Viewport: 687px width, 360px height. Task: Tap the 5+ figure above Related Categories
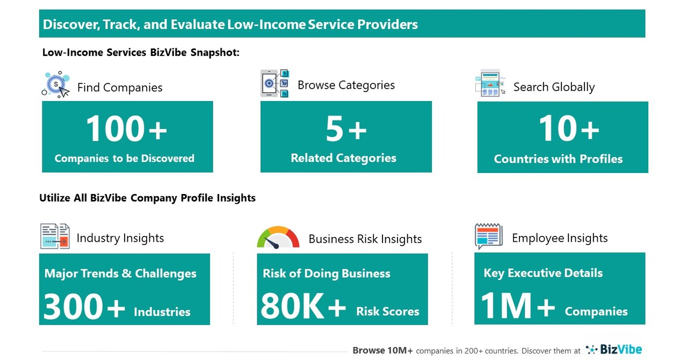pyautogui.click(x=346, y=129)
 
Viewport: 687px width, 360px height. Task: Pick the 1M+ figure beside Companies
pyautogui.click(x=517, y=307)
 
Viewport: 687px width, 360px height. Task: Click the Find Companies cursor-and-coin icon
pyautogui.click(x=56, y=85)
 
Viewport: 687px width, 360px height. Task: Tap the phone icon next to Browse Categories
pyautogui.click(x=274, y=83)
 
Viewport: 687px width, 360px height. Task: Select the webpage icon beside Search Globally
pyautogui.click(x=490, y=83)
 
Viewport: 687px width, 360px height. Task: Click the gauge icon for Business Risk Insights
pyautogui.click(x=278, y=237)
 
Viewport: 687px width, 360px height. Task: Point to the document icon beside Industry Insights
pyautogui.click(x=55, y=236)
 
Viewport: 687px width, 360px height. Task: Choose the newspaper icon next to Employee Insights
pyautogui.click(x=488, y=236)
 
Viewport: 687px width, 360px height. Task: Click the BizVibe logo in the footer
pyautogui.click(x=614, y=350)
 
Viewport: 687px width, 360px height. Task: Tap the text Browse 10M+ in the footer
pyautogui.click(x=382, y=350)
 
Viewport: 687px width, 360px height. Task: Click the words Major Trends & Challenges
pyautogui.click(x=120, y=273)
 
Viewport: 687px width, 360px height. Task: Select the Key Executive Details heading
pyautogui.click(x=543, y=273)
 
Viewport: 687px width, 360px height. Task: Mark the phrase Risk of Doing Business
pyautogui.click(x=327, y=273)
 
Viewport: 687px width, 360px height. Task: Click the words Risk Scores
pyautogui.click(x=387, y=312)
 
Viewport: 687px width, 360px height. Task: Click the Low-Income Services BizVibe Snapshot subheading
pyautogui.click(x=141, y=53)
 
